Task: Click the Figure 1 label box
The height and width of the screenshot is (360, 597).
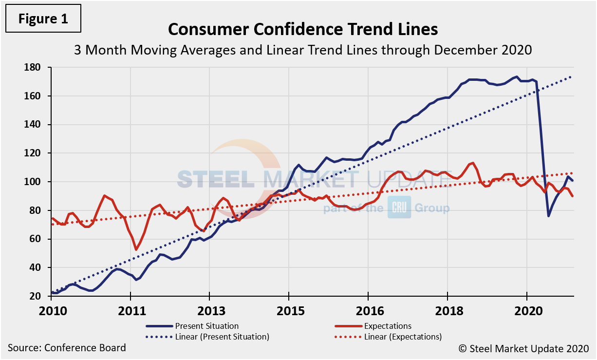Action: point(43,19)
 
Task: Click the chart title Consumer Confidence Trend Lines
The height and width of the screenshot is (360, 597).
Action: point(303,29)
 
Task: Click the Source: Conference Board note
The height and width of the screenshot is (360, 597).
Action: point(67,348)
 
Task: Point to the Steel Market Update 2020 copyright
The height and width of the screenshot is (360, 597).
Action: point(523,348)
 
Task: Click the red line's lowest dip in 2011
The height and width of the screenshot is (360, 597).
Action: point(136,249)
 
